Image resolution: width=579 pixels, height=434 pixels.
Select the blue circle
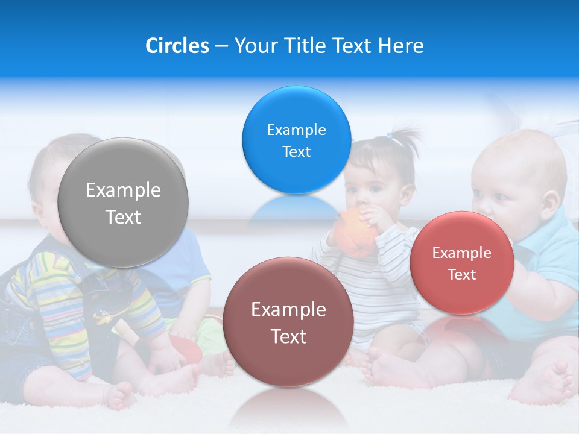tap(296, 140)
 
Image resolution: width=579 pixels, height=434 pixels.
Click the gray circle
tap(122, 203)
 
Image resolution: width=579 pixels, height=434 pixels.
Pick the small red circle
tap(461, 263)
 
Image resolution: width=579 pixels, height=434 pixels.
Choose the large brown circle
tap(288, 322)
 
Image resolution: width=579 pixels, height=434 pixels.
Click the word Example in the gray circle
tap(123, 190)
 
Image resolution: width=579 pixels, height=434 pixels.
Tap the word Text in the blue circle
tap(296, 152)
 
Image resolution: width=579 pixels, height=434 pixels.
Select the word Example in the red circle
tap(461, 253)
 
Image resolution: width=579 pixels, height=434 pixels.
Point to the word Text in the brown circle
tap(288, 336)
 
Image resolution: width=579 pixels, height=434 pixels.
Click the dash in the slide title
tap(221, 46)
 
